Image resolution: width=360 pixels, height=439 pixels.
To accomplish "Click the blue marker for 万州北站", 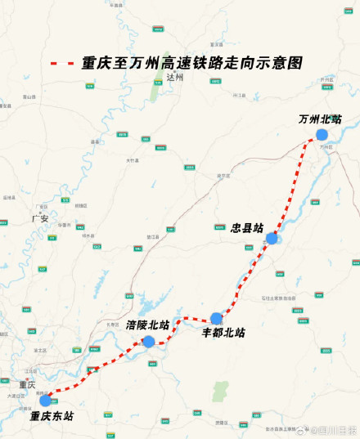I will click(x=322, y=135).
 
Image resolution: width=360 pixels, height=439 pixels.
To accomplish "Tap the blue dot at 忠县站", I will click(x=272, y=239).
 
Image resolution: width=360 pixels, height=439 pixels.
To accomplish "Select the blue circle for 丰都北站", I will click(x=216, y=318).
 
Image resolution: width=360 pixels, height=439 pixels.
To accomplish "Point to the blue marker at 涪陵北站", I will click(x=149, y=341).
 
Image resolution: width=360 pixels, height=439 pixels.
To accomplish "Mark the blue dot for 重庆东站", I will click(x=45, y=400).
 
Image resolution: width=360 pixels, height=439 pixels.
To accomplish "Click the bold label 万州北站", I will click(x=320, y=119).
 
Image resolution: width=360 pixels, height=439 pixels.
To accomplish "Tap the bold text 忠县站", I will click(x=247, y=228).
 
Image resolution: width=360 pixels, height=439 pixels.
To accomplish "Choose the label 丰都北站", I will click(x=223, y=334).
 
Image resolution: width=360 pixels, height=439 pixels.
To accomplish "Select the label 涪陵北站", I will click(x=148, y=325).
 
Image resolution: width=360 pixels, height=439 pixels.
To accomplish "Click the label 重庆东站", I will click(x=52, y=416).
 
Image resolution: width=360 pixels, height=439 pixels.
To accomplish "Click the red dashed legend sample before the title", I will click(x=63, y=62).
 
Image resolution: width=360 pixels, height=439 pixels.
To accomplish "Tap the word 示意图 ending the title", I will click(x=282, y=62).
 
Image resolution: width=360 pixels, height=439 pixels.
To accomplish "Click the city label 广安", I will click(x=39, y=219).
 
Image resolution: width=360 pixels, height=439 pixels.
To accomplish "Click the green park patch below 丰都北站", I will click(x=218, y=392).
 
